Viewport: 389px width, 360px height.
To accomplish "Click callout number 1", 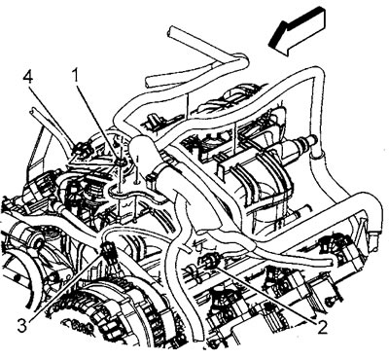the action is coord(76,76).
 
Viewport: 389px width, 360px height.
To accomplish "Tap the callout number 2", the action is coord(322,328).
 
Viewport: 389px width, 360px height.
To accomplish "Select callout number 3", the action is coord(22,326).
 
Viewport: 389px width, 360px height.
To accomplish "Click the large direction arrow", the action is coord(298,32).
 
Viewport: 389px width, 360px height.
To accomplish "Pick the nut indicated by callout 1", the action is coord(121,162).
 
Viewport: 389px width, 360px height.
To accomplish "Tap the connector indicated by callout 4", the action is coord(81,149).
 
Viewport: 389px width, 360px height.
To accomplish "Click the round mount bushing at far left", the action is coord(38,241).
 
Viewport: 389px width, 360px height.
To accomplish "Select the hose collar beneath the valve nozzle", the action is coord(315,159).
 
